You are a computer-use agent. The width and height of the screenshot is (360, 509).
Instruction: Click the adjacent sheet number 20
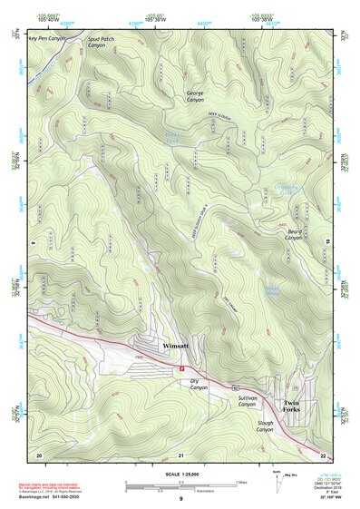39,454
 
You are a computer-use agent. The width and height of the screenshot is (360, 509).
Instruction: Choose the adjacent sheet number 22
323,454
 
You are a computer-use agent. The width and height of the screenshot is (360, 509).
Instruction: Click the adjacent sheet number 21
180,454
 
